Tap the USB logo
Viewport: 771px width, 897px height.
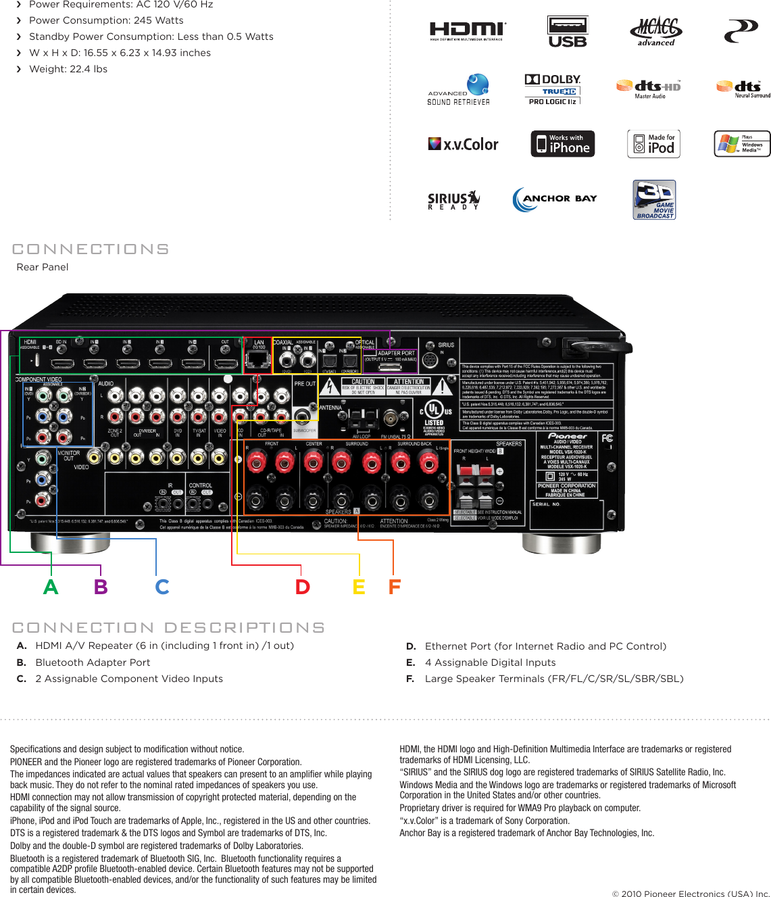coord(568,32)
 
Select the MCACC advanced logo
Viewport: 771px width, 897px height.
coord(656,32)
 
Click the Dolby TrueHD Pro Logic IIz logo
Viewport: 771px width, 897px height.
coord(553,89)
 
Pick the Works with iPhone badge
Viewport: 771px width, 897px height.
coord(563,144)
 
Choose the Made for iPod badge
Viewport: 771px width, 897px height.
coord(653,144)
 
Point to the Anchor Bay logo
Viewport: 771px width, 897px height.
coord(555,199)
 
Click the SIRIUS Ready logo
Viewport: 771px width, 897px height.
coord(453,200)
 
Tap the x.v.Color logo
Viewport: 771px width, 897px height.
coord(464,144)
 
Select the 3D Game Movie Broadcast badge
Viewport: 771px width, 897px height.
coord(654,199)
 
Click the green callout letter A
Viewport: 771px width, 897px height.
coord(51,587)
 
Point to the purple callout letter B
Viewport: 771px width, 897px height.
coord(101,587)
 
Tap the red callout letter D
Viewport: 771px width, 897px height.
coord(302,587)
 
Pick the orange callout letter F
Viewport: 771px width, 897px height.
coord(395,587)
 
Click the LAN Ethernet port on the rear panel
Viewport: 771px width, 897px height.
coord(258,359)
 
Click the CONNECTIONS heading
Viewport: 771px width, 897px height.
coord(91,249)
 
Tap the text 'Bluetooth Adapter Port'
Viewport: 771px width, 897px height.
coord(93,662)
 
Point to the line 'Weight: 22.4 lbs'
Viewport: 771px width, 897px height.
coord(68,69)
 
